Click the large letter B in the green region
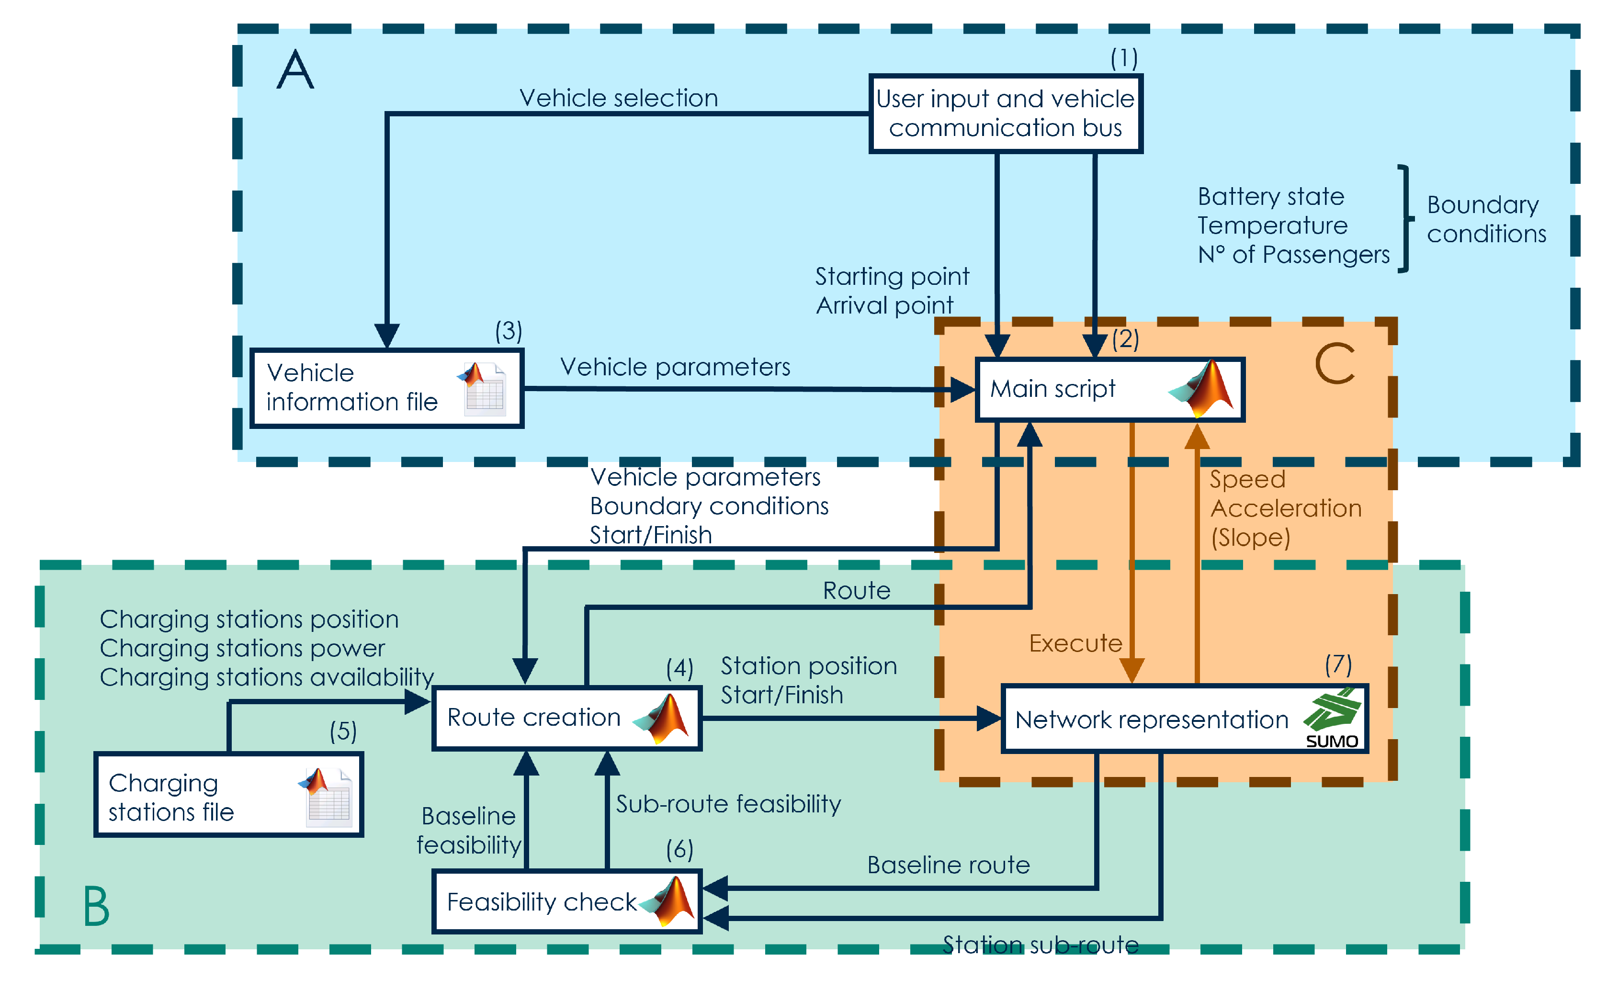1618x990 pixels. (96, 906)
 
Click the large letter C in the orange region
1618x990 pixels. (1335, 364)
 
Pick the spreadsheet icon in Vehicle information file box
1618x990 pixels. (483, 389)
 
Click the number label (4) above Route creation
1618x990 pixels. (679, 668)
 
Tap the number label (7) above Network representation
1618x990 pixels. (1337, 664)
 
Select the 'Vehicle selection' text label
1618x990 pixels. (619, 98)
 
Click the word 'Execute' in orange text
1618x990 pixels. (1075, 643)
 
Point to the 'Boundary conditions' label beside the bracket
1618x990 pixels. (1486, 219)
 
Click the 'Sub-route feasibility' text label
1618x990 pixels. (727, 804)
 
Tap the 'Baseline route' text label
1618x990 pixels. (948, 865)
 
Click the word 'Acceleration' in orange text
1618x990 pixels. (1285, 508)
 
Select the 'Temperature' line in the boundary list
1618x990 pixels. (1272, 225)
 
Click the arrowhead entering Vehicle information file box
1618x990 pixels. (387, 336)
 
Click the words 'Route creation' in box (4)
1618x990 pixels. (533, 718)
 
